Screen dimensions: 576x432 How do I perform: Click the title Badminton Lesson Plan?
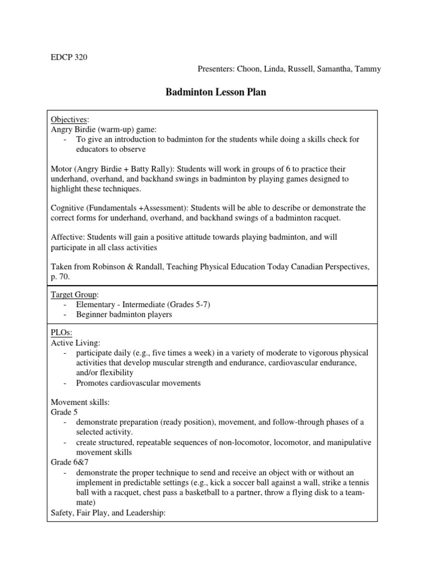(216, 93)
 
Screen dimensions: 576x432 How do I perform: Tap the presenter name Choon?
(247, 69)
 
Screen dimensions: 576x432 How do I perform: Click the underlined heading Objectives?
(69, 119)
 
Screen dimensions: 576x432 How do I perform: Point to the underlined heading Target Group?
(74, 294)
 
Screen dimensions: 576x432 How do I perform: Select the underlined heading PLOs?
(61, 333)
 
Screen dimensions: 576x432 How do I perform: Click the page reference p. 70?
(60, 277)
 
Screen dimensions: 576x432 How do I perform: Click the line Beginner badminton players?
(124, 314)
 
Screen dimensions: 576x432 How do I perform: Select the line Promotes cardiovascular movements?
(138, 383)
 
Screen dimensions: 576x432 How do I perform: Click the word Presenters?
(217, 69)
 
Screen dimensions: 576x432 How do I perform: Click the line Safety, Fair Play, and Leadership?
(108, 512)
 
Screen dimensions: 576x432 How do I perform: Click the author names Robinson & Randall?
(132, 267)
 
